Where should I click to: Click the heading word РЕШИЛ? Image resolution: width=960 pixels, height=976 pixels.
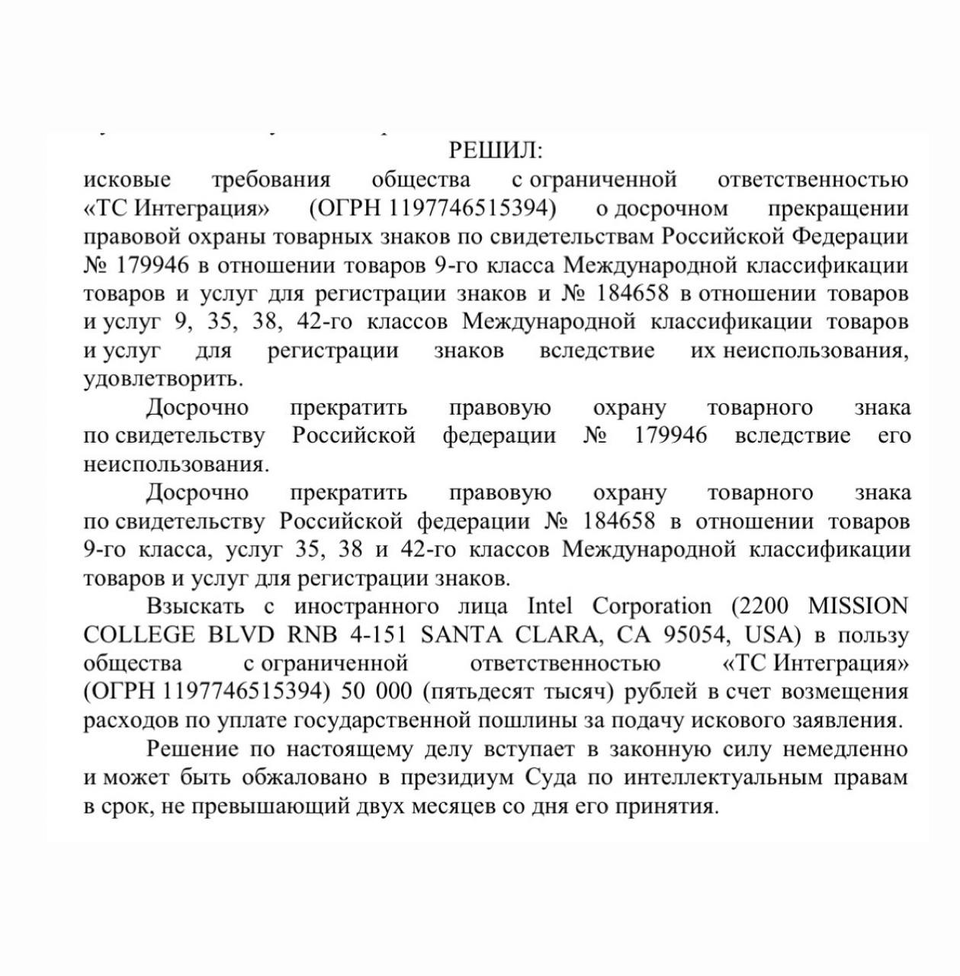coord(495,150)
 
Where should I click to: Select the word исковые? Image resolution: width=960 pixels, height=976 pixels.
coord(127,180)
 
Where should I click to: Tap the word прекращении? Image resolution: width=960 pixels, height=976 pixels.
coord(838,208)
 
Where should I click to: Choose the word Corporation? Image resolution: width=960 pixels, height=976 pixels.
coord(651,606)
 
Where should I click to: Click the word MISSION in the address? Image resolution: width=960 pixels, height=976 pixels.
coord(858,606)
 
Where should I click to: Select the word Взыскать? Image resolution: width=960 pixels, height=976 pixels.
coord(196,606)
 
